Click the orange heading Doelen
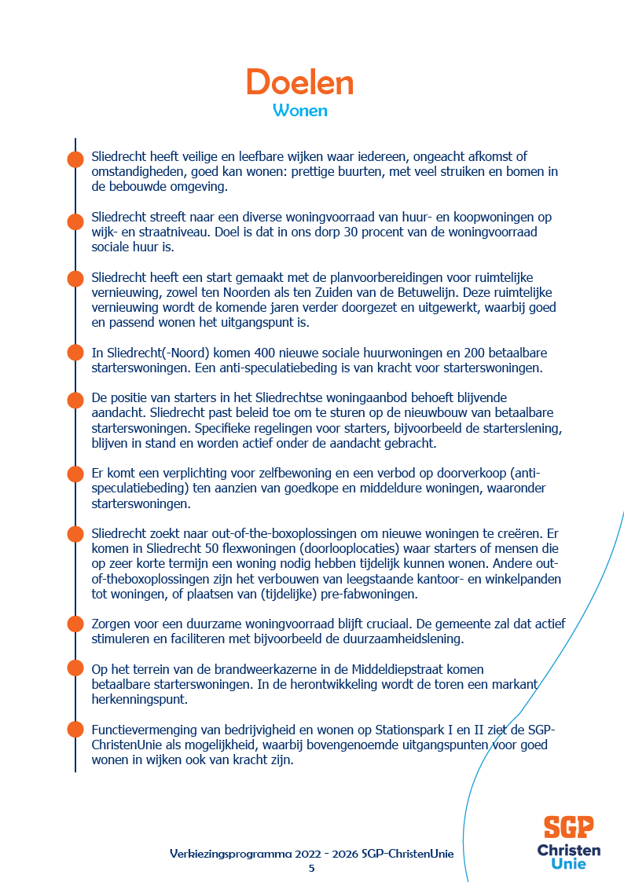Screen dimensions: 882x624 point(299,82)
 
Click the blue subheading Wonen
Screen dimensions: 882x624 point(299,111)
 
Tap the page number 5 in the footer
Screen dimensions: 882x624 point(311,868)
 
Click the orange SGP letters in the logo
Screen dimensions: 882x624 point(568,827)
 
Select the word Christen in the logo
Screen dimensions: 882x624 point(569,850)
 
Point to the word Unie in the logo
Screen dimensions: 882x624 point(568,864)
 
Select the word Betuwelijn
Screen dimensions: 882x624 point(451,293)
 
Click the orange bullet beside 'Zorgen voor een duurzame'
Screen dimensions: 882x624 point(75,624)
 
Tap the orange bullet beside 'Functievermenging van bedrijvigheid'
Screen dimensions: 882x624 point(75,730)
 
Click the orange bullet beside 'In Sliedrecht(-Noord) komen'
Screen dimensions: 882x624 point(75,353)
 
